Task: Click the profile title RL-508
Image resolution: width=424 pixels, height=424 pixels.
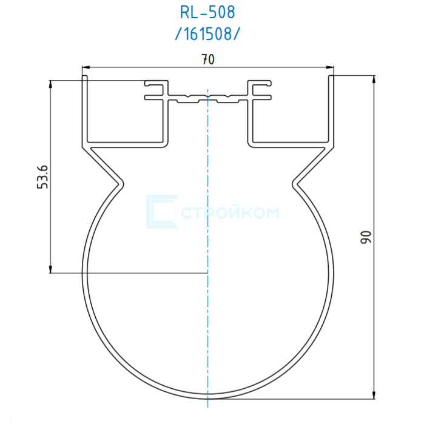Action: click(207, 13)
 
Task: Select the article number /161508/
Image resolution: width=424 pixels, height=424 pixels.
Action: click(207, 35)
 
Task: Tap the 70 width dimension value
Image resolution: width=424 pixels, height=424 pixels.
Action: click(208, 59)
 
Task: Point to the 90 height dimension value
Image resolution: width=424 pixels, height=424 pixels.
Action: click(366, 237)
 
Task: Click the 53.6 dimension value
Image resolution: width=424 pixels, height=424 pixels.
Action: click(42, 177)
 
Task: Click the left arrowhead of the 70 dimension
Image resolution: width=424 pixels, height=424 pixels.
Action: click(86, 67)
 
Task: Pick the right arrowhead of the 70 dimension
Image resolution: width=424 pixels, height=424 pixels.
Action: click(329, 67)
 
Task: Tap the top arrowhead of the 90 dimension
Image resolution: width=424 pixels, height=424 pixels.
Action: click(374, 79)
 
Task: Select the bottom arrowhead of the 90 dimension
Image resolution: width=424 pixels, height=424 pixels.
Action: click(374, 395)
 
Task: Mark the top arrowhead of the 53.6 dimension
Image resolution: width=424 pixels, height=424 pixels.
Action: click(50, 84)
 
